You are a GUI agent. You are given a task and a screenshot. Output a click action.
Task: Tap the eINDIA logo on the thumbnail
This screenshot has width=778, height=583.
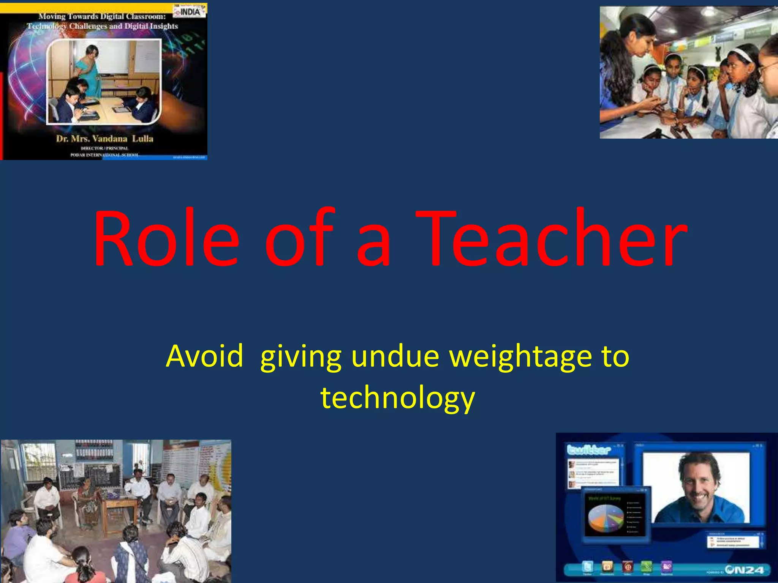pyautogui.click(x=190, y=11)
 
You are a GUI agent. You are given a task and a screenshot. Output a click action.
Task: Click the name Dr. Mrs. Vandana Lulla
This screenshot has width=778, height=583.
pyautogui.click(x=104, y=139)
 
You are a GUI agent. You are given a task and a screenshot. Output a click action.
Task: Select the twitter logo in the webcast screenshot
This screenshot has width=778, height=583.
pyautogui.click(x=588, y=450)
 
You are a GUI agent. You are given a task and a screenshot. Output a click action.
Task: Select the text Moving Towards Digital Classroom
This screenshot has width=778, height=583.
pyautogui.click(x=102, y=16)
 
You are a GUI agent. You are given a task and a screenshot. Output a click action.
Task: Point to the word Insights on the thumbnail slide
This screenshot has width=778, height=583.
pyautogui.click(x=164, y=26)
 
